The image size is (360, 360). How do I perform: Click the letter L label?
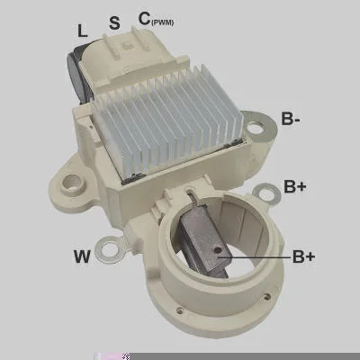point(83,31)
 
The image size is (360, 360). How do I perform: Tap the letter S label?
point(114,22)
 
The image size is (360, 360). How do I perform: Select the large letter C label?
point(145,19)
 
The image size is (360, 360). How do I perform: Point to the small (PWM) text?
point(163,22)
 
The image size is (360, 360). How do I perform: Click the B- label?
point(291,119)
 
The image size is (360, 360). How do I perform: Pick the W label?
point(82,256)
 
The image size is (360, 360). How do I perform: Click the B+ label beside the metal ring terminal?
point(295,186)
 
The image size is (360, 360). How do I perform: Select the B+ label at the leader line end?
point(304,256)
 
